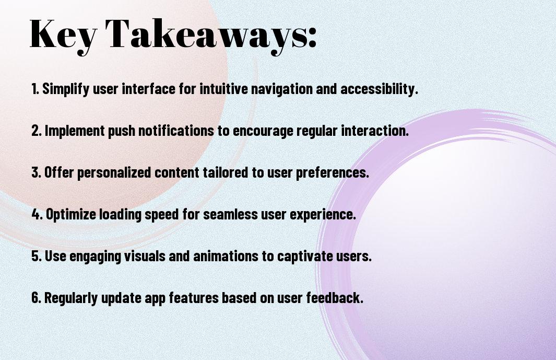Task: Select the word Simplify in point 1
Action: [x=66, y=89]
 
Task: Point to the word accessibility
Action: [x=380, y=89]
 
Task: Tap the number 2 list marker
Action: [x=37, y=131]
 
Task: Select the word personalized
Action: [x=114, y=172]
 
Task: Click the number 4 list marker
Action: [x=37, y=214]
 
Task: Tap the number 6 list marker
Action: [x=37, y=297]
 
